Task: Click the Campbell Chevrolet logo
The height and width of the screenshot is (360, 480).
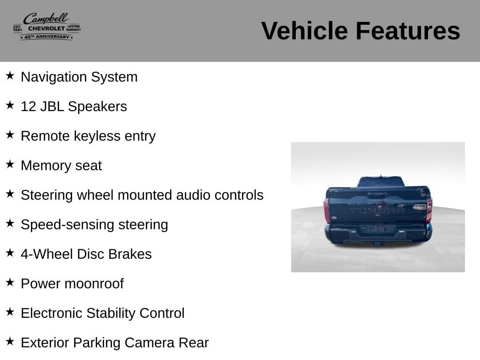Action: click(47, 26)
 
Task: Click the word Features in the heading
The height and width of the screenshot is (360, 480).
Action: click(408, 30)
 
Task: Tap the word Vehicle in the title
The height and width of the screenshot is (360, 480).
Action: click(305, 30)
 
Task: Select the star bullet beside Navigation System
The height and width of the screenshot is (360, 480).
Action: click(10, 75)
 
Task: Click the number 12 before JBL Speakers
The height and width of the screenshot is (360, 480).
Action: click(29, 106)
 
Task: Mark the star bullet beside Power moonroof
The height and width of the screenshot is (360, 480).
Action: click(10, 282)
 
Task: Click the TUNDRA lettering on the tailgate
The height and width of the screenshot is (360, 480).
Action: click(377, 210)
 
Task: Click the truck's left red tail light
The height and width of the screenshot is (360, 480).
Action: click(327, 210)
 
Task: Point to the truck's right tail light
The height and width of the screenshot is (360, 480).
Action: click(429, 210)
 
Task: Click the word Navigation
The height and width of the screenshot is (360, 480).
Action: click(54, 77)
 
